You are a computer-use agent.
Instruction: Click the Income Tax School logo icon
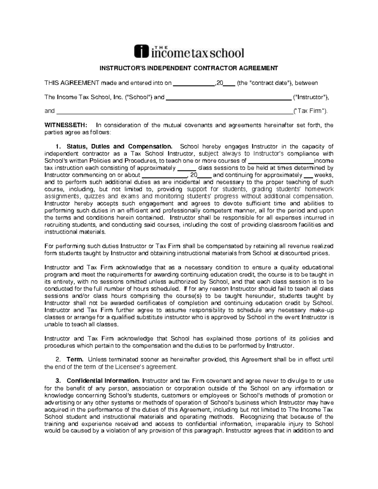pos(141,51)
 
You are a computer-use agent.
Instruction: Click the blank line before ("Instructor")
pos(228,97)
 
